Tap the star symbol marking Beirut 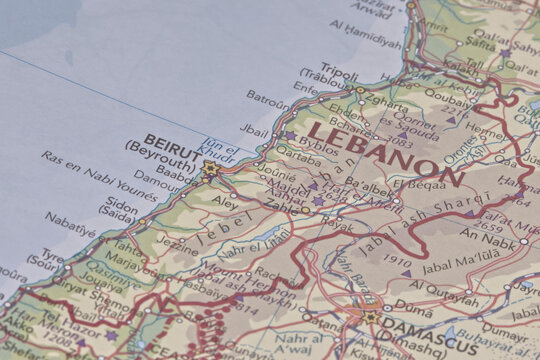[210, 169]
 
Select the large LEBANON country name [385, 153]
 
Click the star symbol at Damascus [370, 317]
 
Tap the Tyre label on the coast [52, 256]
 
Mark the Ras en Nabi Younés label [100, 174]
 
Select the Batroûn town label [269, 100]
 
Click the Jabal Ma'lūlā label [458, 265]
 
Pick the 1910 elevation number [396, 262]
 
